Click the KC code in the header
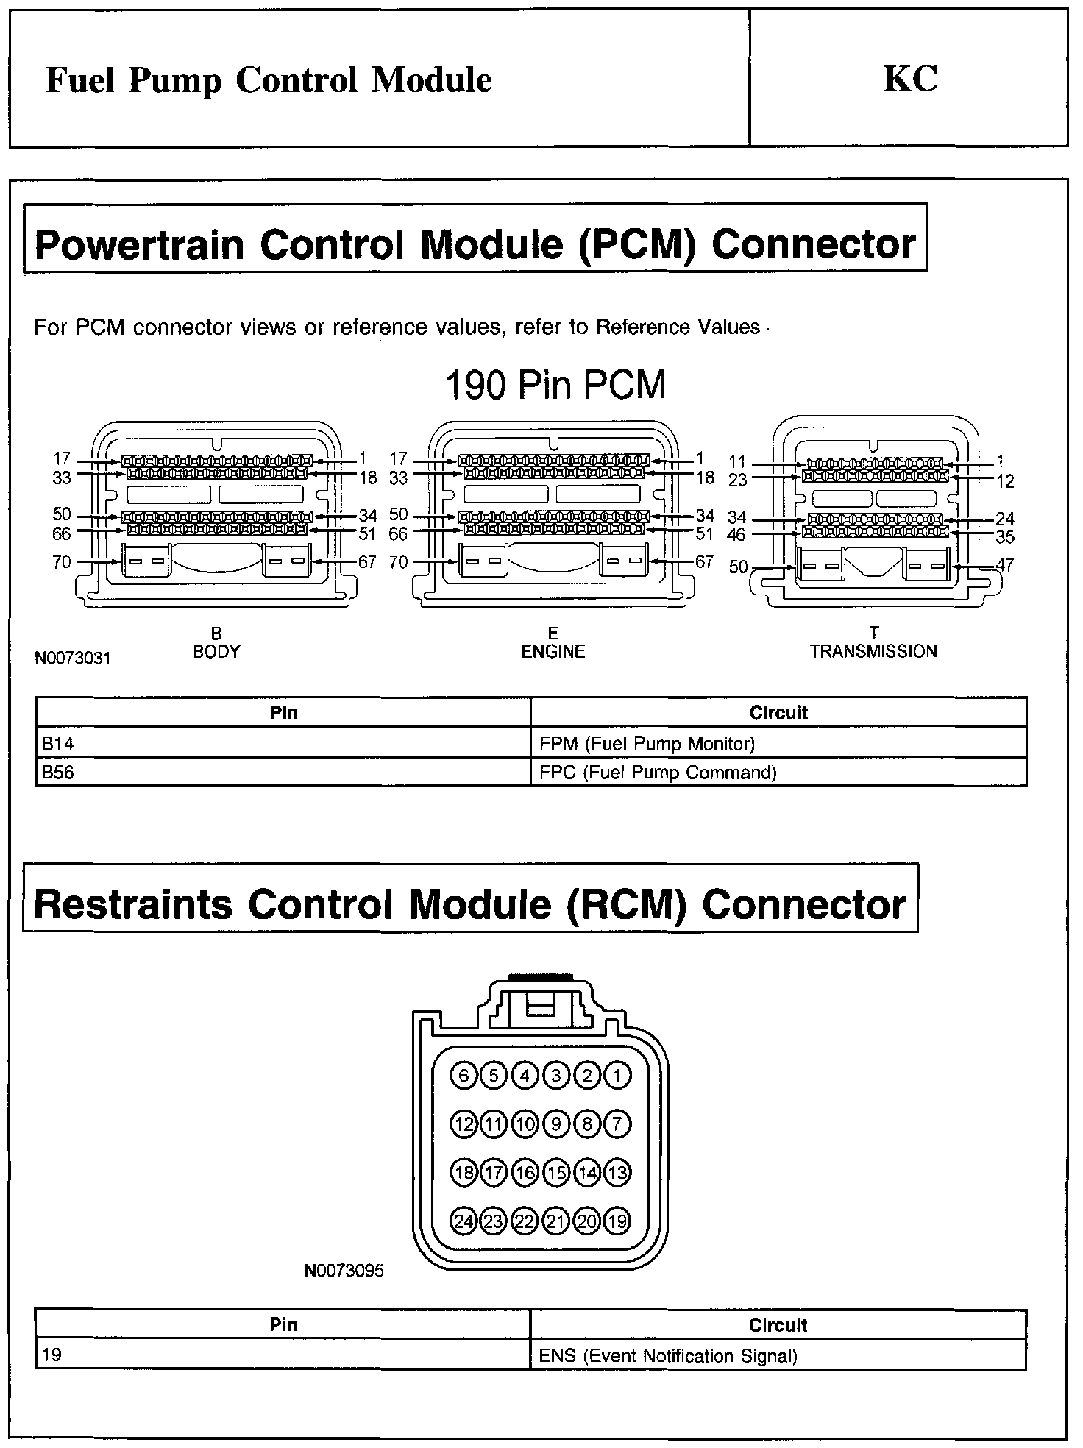point(910,79)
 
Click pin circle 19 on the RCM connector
point(617,1222)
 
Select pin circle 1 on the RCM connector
point(617,1076)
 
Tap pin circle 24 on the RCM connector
point(464,1222)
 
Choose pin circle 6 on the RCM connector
point(464,1076)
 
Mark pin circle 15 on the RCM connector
point(556,1173)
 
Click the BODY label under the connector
point(216,652)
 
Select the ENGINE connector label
point(553,652)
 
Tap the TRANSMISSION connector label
point(873,652)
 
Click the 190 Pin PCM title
point(556,385)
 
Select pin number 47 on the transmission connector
point(1005,565)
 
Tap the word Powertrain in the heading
point(140,244)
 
